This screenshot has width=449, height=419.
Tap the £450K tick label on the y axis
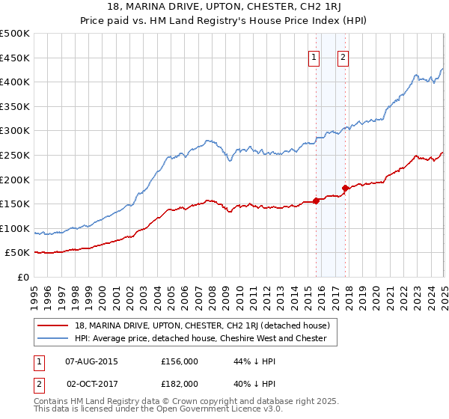pos(15,58)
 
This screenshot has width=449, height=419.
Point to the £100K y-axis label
pos(15,229)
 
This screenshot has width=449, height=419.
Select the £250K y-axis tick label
pos(15,156)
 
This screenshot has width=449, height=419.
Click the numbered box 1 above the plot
pos(314,58)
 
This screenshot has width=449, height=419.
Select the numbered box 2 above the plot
pos(343,58)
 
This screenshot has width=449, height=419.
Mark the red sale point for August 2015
pos(316,201)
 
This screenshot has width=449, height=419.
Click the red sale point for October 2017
pos(345,188)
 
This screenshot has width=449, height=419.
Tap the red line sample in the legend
pos(54,325)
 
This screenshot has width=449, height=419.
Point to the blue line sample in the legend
pos(54,338)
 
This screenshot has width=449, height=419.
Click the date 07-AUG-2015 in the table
pos(92,361)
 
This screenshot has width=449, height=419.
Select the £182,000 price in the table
pos(180,383)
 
